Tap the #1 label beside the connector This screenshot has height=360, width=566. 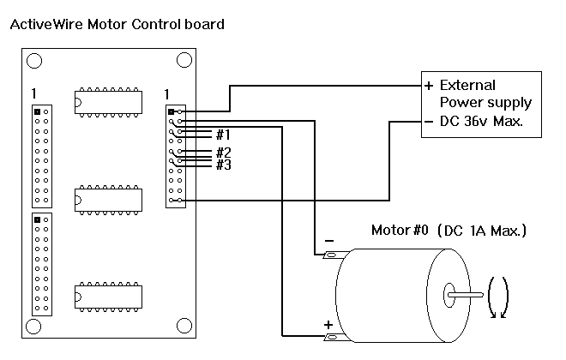pos(222,135)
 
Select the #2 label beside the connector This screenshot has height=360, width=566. pos(223,153)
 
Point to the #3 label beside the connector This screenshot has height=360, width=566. pos(223,165)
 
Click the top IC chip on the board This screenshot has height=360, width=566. pos(108,100)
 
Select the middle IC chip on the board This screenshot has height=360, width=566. pos(108,197)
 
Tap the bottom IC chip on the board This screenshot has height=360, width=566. pos(108,294)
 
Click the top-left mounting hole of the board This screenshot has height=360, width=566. pos(33,61)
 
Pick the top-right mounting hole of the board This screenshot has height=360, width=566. pos(184,61)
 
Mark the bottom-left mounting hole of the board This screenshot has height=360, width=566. pos(33,327)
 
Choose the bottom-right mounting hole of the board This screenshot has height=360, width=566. pos(184,327)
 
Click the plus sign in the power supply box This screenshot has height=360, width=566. pos(428,86)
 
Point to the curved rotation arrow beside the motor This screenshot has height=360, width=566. pos(498,297)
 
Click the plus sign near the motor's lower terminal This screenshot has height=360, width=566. pos(327,325)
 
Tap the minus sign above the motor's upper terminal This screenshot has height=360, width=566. pos(327,242)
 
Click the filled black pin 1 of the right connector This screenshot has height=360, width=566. pos(172,111)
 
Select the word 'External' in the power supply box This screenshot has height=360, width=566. pos(467,86)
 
